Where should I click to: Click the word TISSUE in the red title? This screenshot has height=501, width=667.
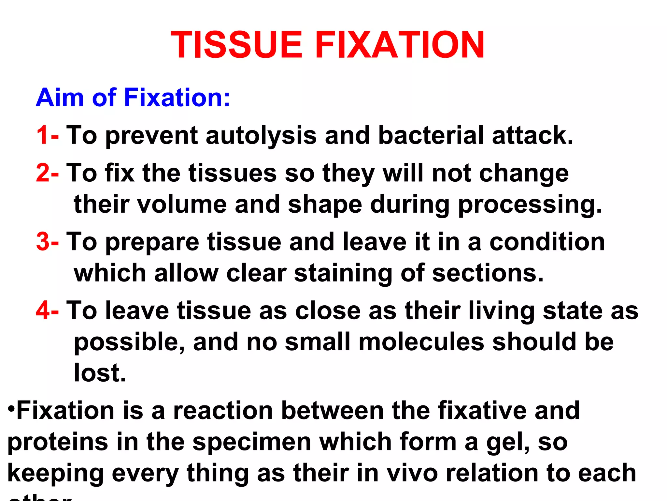point(237,45)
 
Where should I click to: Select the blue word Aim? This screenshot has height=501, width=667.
point(60,98)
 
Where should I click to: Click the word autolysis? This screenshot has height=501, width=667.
point(261,136)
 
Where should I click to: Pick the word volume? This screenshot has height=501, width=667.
point(182,204)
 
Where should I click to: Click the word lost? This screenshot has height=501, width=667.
point(100,373)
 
